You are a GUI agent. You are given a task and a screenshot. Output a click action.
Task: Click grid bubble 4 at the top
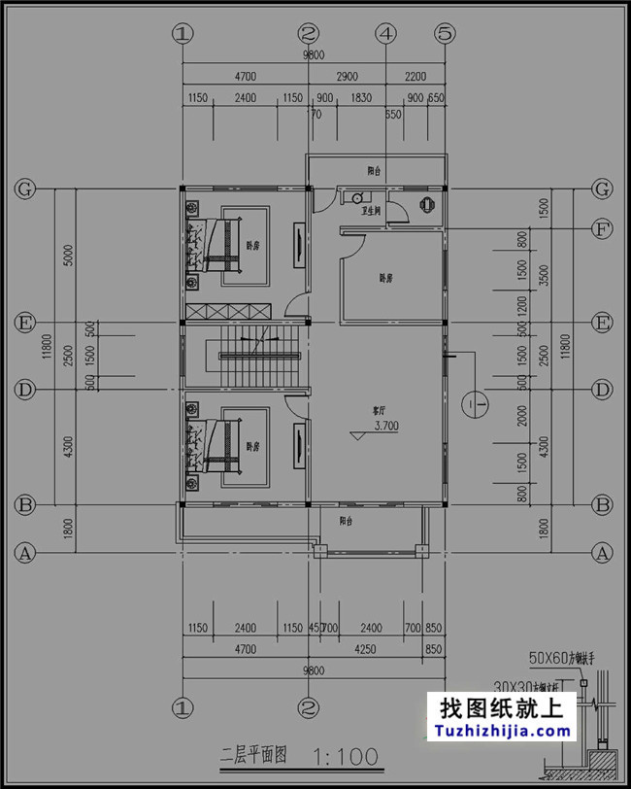pyautogui.click(x=386, y=33)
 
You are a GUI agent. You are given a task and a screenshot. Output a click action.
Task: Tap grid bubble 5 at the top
pyautogui.click(x=445, y=33)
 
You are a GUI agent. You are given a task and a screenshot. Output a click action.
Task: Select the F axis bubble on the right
pyautogui.click(x=603, y=229)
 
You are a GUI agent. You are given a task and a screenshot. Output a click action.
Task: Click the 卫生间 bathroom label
pyautogui.click(x=371, y=209)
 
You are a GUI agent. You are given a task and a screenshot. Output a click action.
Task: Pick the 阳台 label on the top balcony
pyautogui.click(x=374, y=171)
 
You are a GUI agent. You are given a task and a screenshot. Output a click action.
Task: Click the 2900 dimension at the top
pyautogui.click(x=347, y=76)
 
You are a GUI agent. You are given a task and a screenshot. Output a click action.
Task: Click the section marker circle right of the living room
pyautogui.click(x=476, y=401)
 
